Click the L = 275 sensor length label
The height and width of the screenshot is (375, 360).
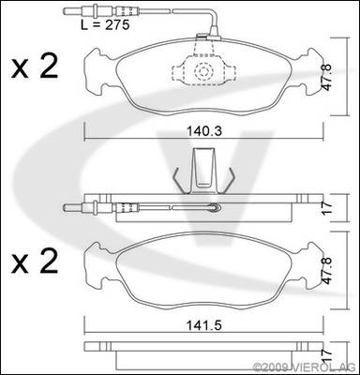tap(105, 24)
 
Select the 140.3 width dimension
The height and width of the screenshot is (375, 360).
tap(204, 131)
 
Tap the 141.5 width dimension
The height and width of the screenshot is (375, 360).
tap(204, 325)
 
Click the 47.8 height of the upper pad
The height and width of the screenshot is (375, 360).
tap(327, 78)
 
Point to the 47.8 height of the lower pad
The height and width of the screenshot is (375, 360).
tap(327, 271)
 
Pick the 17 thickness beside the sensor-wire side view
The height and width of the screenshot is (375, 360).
tap(326, 208)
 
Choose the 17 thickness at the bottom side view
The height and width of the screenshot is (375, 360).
tap(326, 356)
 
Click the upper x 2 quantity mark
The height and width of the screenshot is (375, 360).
tap(35, 67)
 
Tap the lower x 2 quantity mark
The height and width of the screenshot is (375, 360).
tap(35, 262)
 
